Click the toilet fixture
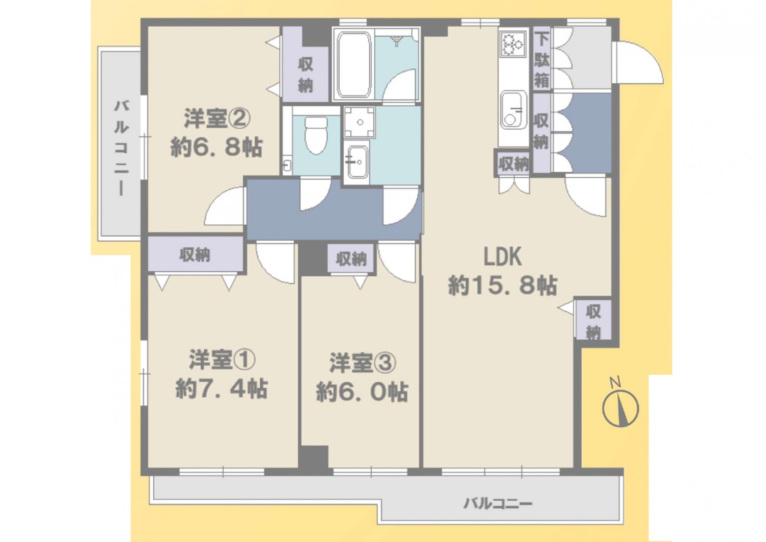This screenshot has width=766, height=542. click(316, 135)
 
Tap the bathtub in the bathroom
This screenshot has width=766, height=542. click(354, 65)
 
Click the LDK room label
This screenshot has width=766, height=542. click(502, 257)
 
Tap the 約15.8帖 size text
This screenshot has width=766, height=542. click(502, 285)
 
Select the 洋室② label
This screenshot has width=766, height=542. click(217, 119)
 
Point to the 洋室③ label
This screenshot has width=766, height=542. click(363, 363)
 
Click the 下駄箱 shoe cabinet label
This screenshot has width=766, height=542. click(542, 60)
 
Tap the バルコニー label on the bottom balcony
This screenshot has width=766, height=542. click(498, 504)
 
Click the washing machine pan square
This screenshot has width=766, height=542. click(360, 122)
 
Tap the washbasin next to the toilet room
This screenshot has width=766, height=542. click(356, 162)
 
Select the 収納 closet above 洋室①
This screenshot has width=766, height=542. click(195, 255)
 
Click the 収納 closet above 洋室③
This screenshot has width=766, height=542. click(351, 259)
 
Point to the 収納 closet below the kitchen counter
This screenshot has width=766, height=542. click(513, 164)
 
